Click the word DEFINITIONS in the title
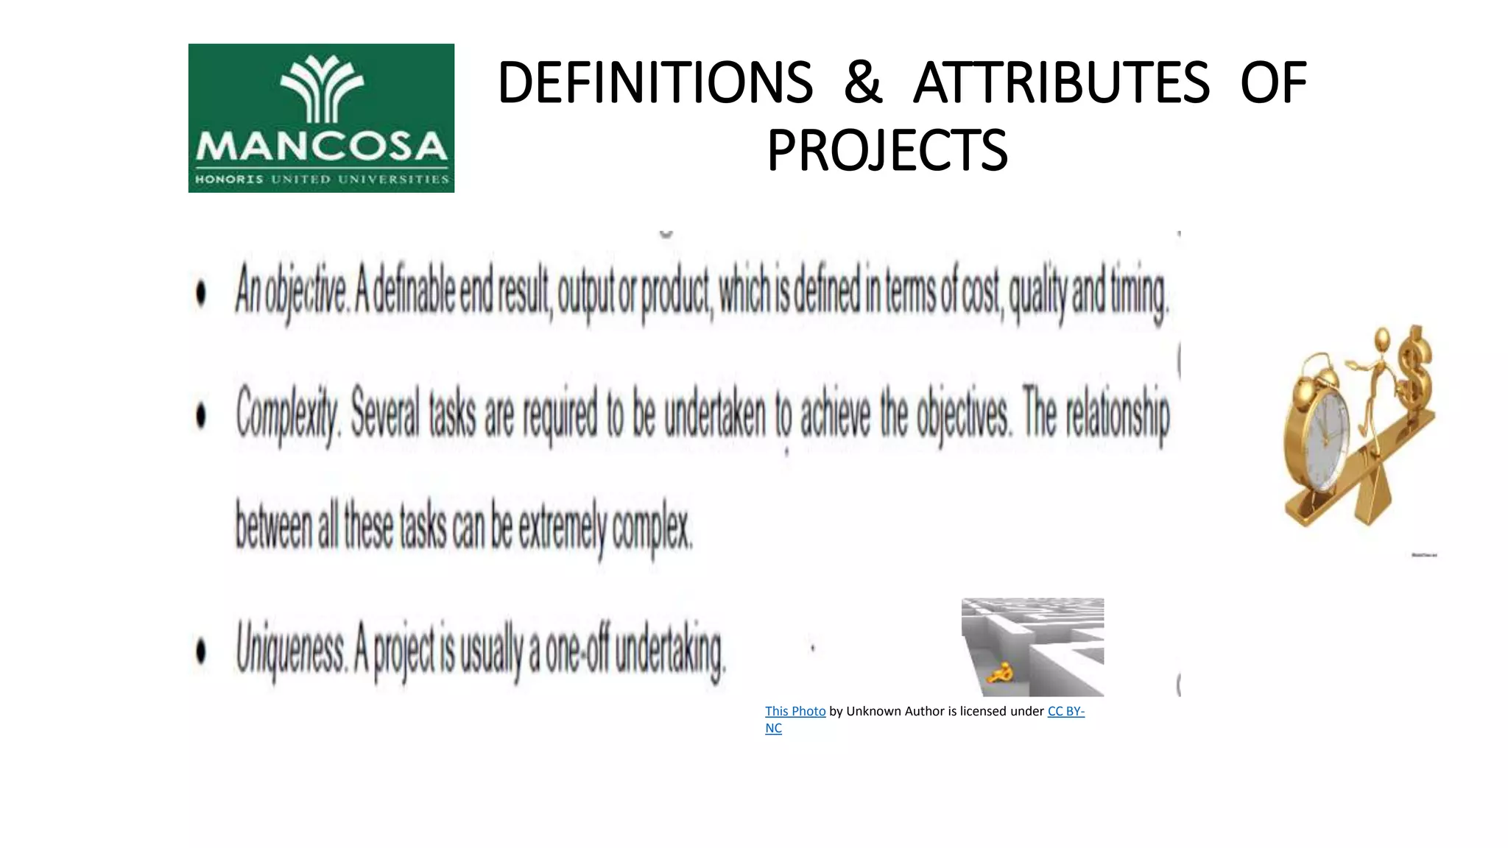(655, 82)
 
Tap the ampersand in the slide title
(862, 82)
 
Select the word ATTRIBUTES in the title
(1061, 82)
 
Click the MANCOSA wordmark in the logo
(321, 146)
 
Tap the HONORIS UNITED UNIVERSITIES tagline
(321, 179)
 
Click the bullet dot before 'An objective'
(201, 294)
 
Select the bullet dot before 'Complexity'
(201, 416)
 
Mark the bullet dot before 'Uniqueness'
(201, 651)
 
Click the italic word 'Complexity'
(287, 414)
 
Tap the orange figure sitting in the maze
(1001, 673)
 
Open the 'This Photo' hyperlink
(794, 711)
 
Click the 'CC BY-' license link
(1065, 711)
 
